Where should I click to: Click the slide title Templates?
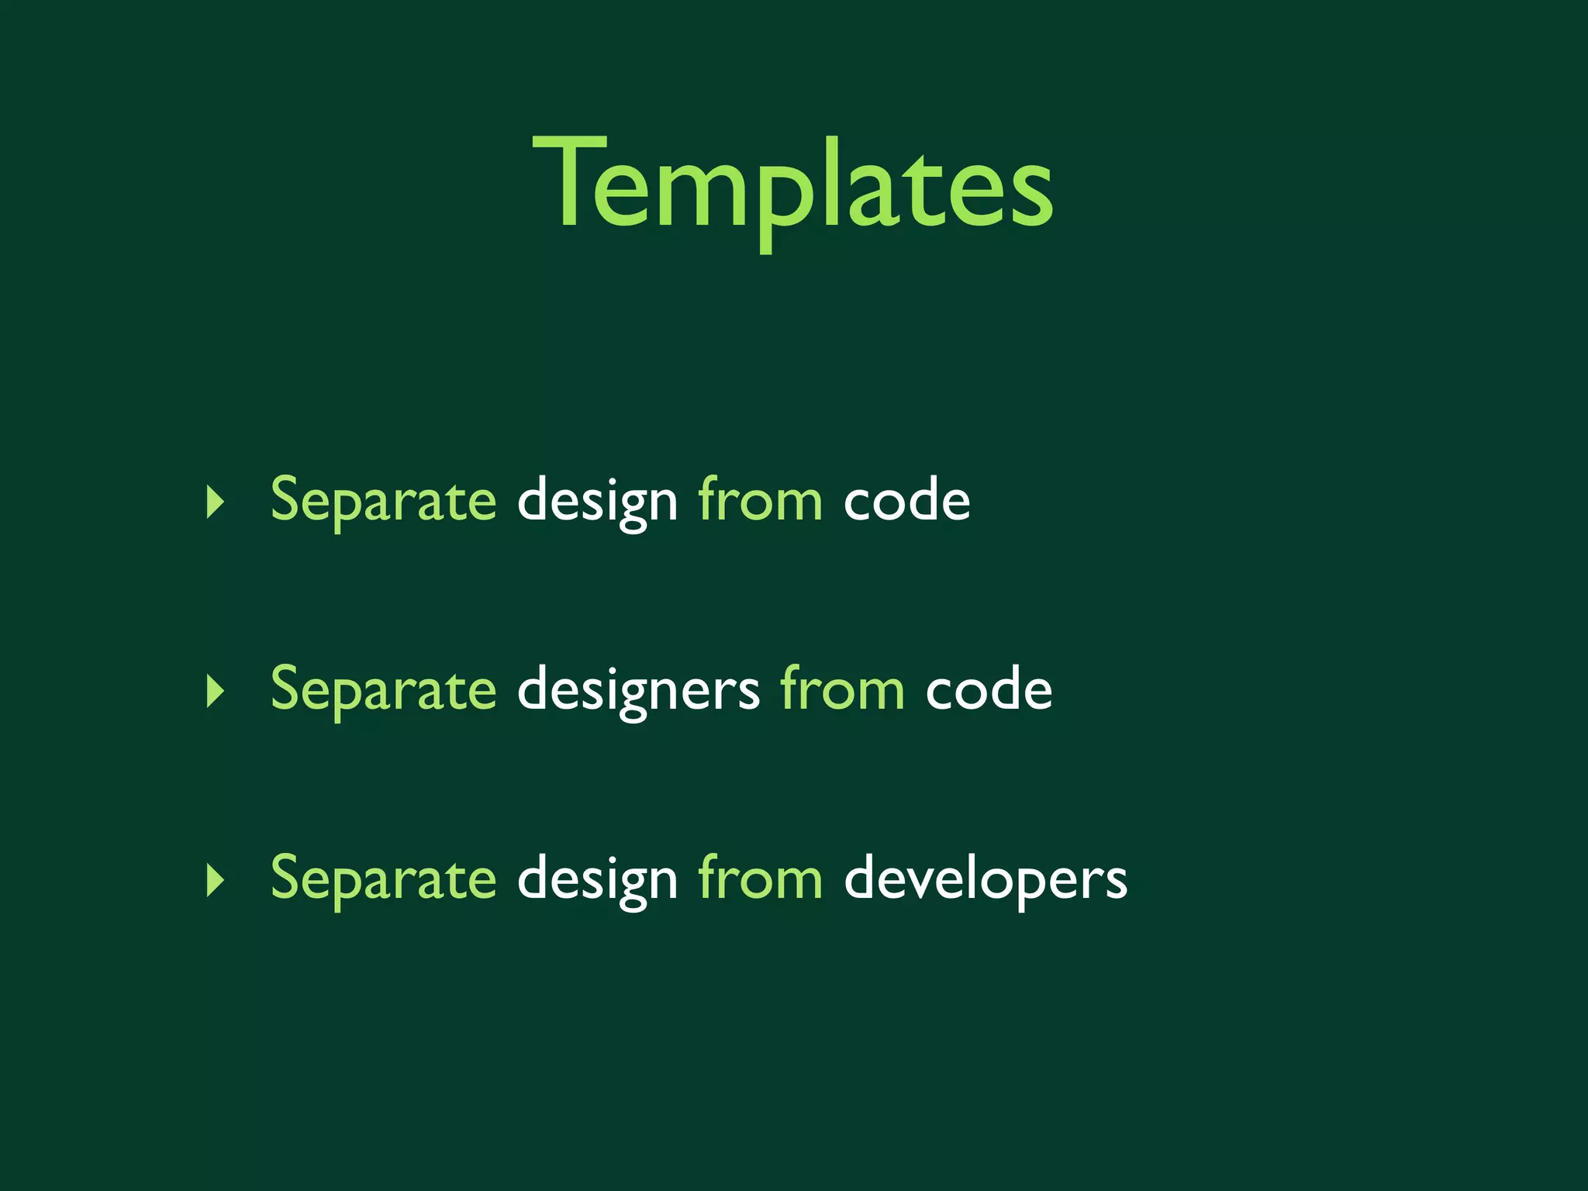(792, 186)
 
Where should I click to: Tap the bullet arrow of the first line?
(215, 502)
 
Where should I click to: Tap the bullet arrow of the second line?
(215, 691)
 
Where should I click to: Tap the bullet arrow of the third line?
(215, 881)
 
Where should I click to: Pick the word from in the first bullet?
(760, 500)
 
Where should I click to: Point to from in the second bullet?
(842, 689)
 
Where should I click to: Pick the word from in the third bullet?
(760, 879)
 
